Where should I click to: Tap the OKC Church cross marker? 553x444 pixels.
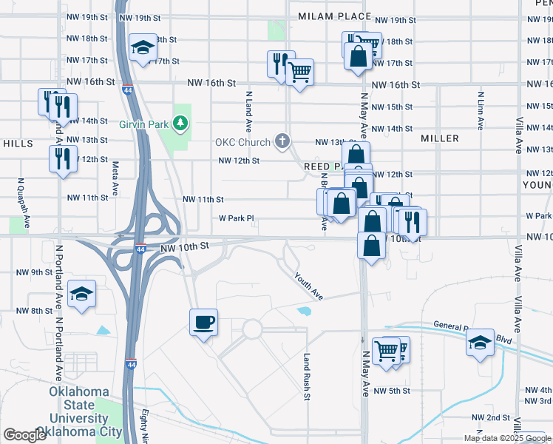tap(282, 140)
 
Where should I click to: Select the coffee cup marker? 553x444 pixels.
tap(203, 323)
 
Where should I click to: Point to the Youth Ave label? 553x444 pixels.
tap(308, 286)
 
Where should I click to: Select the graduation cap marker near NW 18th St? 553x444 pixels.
tap(141, 49)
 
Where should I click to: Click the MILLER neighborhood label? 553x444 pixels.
tap(439, 138)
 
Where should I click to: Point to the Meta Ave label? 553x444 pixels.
tap(115, 178)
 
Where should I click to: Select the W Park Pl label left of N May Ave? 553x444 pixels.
tap(236, 218)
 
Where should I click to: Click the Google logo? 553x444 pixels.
tap(24, 435)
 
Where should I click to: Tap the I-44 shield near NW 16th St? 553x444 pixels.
tap(128, 90)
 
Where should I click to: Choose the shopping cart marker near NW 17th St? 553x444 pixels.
tap(299, 73)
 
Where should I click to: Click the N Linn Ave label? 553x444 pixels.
tap(481, 110)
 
